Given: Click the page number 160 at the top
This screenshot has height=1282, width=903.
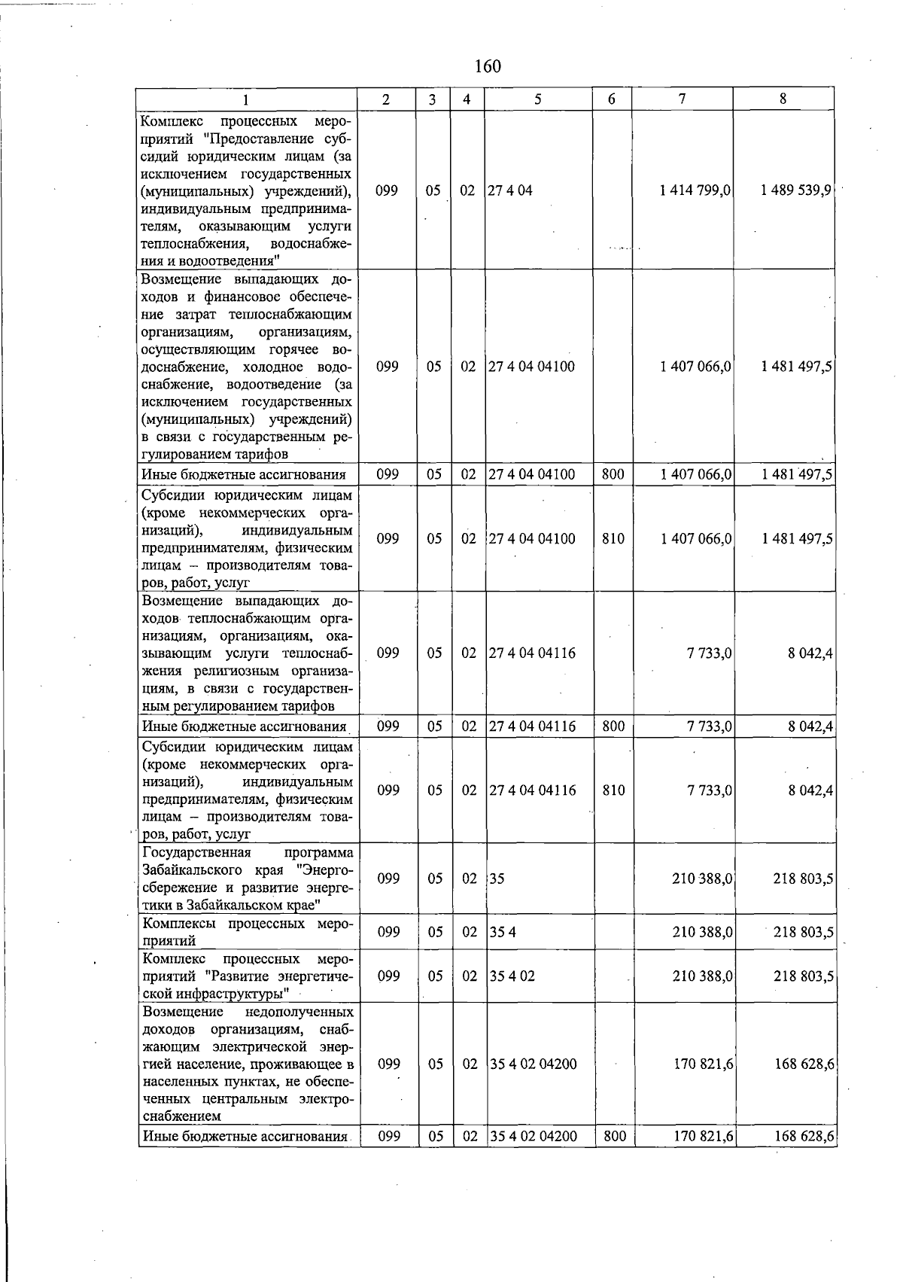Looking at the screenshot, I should pos(488,66).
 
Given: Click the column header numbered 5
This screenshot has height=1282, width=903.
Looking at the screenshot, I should pos(538,99).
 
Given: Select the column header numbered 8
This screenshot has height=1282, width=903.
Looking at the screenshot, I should pos(783,99).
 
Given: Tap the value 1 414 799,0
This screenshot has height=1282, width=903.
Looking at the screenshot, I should pos(695,190).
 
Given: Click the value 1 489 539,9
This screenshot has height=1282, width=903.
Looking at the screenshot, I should pos(795,190).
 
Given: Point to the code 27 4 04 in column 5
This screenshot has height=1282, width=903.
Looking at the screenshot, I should pos(510,190).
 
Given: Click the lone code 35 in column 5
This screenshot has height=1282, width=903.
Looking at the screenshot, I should pos(497,879).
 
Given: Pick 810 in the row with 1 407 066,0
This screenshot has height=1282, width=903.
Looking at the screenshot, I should pos(613,539).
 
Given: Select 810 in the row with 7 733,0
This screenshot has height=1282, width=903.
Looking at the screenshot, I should pos(613,790).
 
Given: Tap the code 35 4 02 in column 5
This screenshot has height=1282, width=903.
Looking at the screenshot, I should pos(512,976).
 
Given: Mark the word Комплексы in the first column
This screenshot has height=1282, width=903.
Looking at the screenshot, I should pos(181,924).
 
